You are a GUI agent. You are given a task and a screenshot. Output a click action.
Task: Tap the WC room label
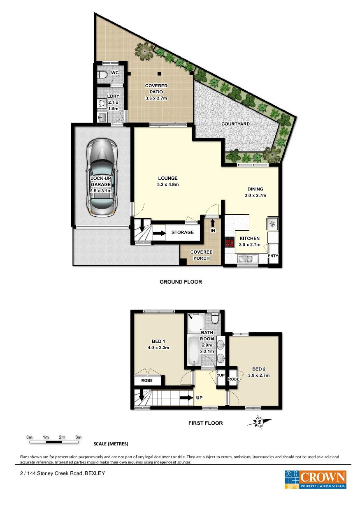(x=115, y=73)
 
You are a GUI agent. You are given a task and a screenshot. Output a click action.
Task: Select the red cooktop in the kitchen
(x=230, y=242)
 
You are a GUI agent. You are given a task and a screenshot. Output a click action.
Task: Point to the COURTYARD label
(x=235, y=124)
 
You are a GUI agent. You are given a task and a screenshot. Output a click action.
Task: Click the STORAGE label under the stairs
(x=182, y=232)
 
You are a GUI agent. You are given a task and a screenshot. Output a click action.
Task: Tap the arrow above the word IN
(x=212, y=223)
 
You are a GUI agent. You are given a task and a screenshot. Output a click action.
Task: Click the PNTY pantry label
(x=273, y=256)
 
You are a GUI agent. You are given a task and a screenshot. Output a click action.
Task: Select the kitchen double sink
(x=248, y=259)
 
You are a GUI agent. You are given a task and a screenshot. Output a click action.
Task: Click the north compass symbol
(x=259, y=422)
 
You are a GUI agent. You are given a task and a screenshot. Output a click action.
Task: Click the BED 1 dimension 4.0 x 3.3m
(x=158, y=348)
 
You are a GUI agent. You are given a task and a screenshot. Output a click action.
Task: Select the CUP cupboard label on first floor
(x=221, y=375)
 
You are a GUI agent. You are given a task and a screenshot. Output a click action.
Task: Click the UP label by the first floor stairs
(x=199, y=398)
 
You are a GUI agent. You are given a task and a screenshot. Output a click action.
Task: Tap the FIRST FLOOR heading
(x=205, y=423)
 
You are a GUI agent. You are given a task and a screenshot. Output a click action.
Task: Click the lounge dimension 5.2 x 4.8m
(x=168, y=184)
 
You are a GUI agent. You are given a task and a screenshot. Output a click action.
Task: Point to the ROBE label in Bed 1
(x=147, y=380)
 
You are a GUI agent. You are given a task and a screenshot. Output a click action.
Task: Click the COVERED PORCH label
(x=201, y=255)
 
